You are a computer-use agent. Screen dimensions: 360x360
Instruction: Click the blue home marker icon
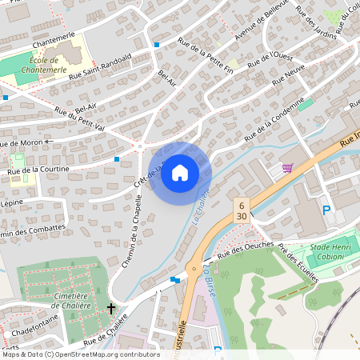point(180,173)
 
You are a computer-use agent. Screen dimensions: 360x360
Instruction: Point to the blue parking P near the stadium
point(326,210)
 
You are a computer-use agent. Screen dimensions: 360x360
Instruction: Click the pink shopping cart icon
point(287,168)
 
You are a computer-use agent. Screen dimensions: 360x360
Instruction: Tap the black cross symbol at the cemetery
point(111,308)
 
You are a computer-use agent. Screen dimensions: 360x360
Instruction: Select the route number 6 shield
point(241,205)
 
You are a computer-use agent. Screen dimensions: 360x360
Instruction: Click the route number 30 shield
point(241,216)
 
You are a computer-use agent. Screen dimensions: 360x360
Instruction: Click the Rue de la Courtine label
point(38,170)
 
